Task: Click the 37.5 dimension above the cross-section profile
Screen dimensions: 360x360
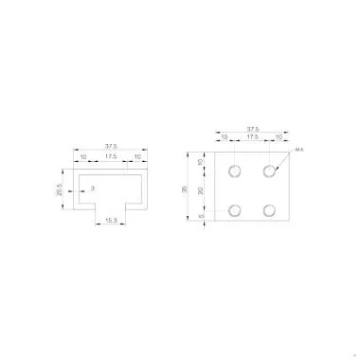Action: click(111, 146)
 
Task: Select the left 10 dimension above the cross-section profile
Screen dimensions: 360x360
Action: click(84, 157)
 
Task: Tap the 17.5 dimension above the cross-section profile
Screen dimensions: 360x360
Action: click(111, 157)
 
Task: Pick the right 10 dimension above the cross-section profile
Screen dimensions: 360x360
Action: click(137, 157)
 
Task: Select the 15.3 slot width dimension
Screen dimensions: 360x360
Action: click(111, 222)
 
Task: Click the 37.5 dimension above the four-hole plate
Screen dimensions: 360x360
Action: click(252, 130)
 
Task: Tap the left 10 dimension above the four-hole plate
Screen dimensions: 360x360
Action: click(225, 139)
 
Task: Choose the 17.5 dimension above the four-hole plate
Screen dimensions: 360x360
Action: click(251, 139)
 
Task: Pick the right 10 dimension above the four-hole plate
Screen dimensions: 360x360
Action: click(278, 139)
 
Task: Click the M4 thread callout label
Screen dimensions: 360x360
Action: click(298, 151)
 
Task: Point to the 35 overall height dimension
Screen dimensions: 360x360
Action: click(184, 189)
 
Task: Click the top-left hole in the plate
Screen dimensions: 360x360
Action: click(233, 171)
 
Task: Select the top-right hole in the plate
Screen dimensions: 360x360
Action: click(270, 171)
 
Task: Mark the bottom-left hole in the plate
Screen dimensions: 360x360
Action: click(233, 209)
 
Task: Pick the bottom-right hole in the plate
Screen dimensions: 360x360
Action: click(270, 209)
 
